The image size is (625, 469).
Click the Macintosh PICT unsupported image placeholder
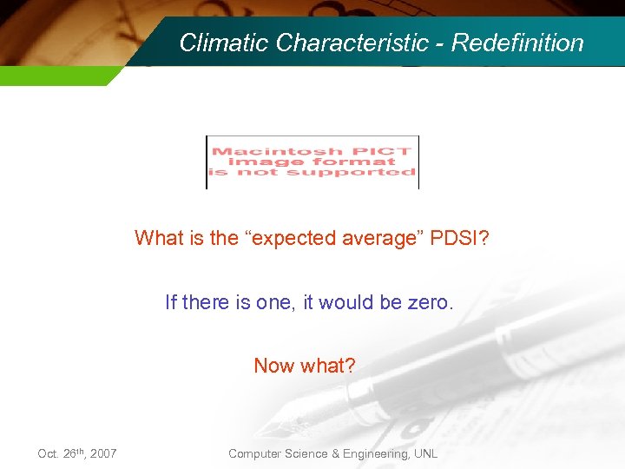pos(312,162)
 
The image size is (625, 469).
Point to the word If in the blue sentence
pos(171,302)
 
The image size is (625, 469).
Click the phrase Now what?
pos(305,366)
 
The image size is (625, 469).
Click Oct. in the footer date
pos(49,453)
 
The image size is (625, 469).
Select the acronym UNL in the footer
pos(424,453)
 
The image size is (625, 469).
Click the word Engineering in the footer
pos(372,453)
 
